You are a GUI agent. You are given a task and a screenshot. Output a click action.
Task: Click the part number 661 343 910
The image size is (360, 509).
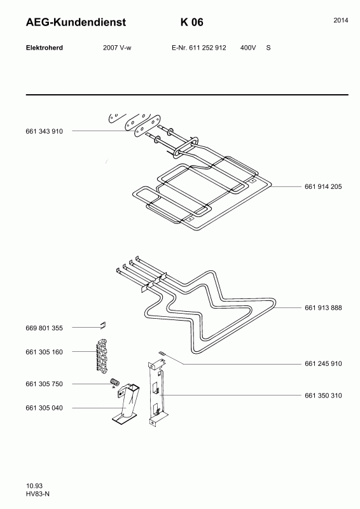point(44,132)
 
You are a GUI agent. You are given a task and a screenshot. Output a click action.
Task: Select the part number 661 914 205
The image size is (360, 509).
point(323,186)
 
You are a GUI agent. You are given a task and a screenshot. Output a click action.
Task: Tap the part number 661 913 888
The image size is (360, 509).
point(323,308)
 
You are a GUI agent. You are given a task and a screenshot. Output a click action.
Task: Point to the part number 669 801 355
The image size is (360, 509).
point(44,328)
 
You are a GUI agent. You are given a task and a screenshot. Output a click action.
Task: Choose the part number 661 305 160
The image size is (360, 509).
point(44,352)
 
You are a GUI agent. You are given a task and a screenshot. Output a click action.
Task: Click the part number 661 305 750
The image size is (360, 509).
point(44,384)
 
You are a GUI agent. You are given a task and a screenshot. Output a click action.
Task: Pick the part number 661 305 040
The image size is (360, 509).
point(44,408)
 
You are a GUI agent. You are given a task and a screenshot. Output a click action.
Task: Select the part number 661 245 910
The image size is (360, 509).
point(323,364)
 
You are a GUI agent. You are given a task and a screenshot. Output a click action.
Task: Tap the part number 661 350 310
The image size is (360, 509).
point(323,396)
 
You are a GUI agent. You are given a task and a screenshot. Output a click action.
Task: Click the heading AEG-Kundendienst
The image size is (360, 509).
point(76,22)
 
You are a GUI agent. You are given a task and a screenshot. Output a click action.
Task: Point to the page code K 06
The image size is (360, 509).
point(192,22)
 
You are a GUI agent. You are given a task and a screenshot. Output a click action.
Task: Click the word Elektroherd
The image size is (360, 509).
point(45,48)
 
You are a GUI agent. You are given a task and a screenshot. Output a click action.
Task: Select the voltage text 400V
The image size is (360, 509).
point(248,48)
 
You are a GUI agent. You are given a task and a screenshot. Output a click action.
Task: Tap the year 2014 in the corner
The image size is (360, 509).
point(341,20)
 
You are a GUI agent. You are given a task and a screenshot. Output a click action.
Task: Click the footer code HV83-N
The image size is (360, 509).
point(38,494)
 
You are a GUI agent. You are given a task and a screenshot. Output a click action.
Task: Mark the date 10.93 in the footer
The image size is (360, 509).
point(34,486)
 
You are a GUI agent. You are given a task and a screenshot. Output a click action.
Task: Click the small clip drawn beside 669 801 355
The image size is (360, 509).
point(103,324)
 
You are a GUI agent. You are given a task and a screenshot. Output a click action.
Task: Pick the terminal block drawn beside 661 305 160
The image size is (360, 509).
point(102,355)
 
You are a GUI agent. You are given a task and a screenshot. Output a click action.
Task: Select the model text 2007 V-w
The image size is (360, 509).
point(117,48)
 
